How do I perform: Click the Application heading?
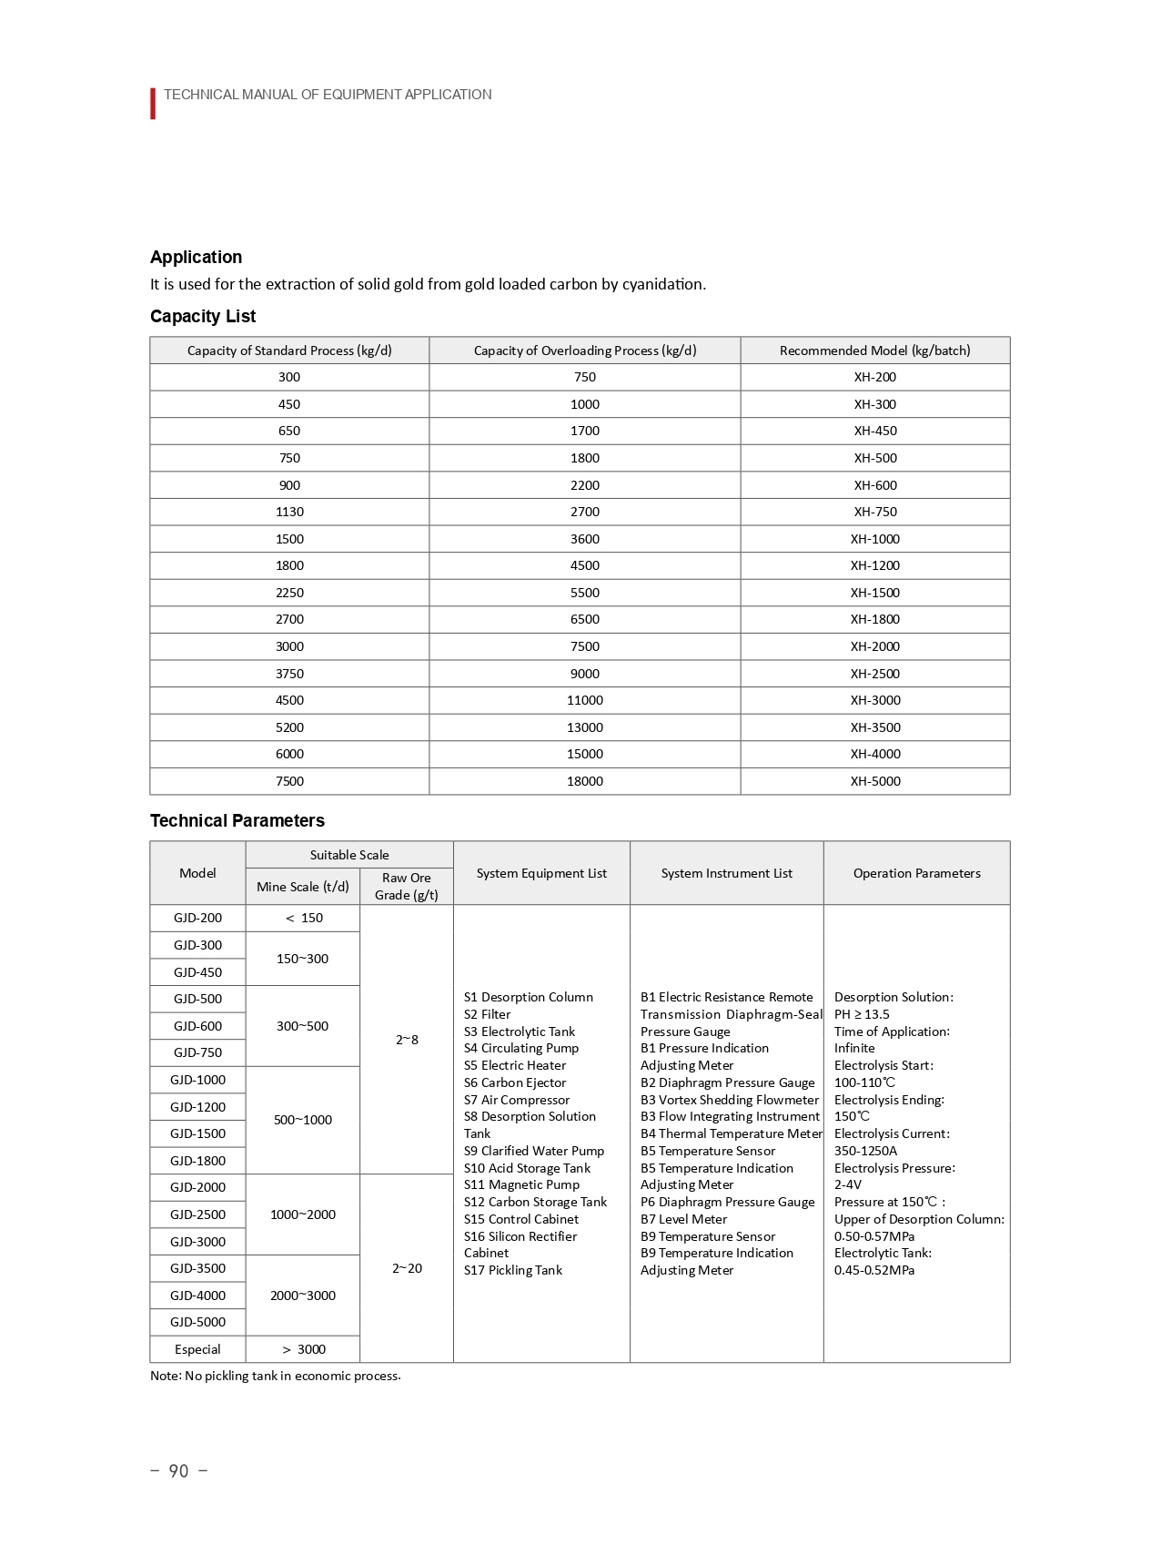pos(196,257)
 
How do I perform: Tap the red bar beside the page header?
pos(153,104)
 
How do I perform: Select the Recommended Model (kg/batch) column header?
pos(874,351)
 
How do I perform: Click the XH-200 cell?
pos(874,377)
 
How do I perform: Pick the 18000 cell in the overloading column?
pos(584,781)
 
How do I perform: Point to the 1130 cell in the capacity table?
pos(289,512)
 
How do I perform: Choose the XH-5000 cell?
pos(874,781)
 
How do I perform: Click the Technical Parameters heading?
pos(237,820)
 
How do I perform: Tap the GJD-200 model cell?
pos(197,918)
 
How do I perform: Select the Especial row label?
pos(197,1349)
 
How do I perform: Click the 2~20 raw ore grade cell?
pos(407,1268)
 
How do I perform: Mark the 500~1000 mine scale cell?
pos(302,1120)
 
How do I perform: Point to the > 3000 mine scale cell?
pos(303,1349)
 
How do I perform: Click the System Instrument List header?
pos(726,873)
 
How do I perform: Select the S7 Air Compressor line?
pos(517,1100)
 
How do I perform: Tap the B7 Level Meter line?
pos(683,1219)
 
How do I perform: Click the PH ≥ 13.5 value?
pos(862,1014)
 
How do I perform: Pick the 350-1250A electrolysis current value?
pos(865,1151)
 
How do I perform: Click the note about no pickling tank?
pos(275,1376)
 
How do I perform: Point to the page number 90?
pos(178,1471)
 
